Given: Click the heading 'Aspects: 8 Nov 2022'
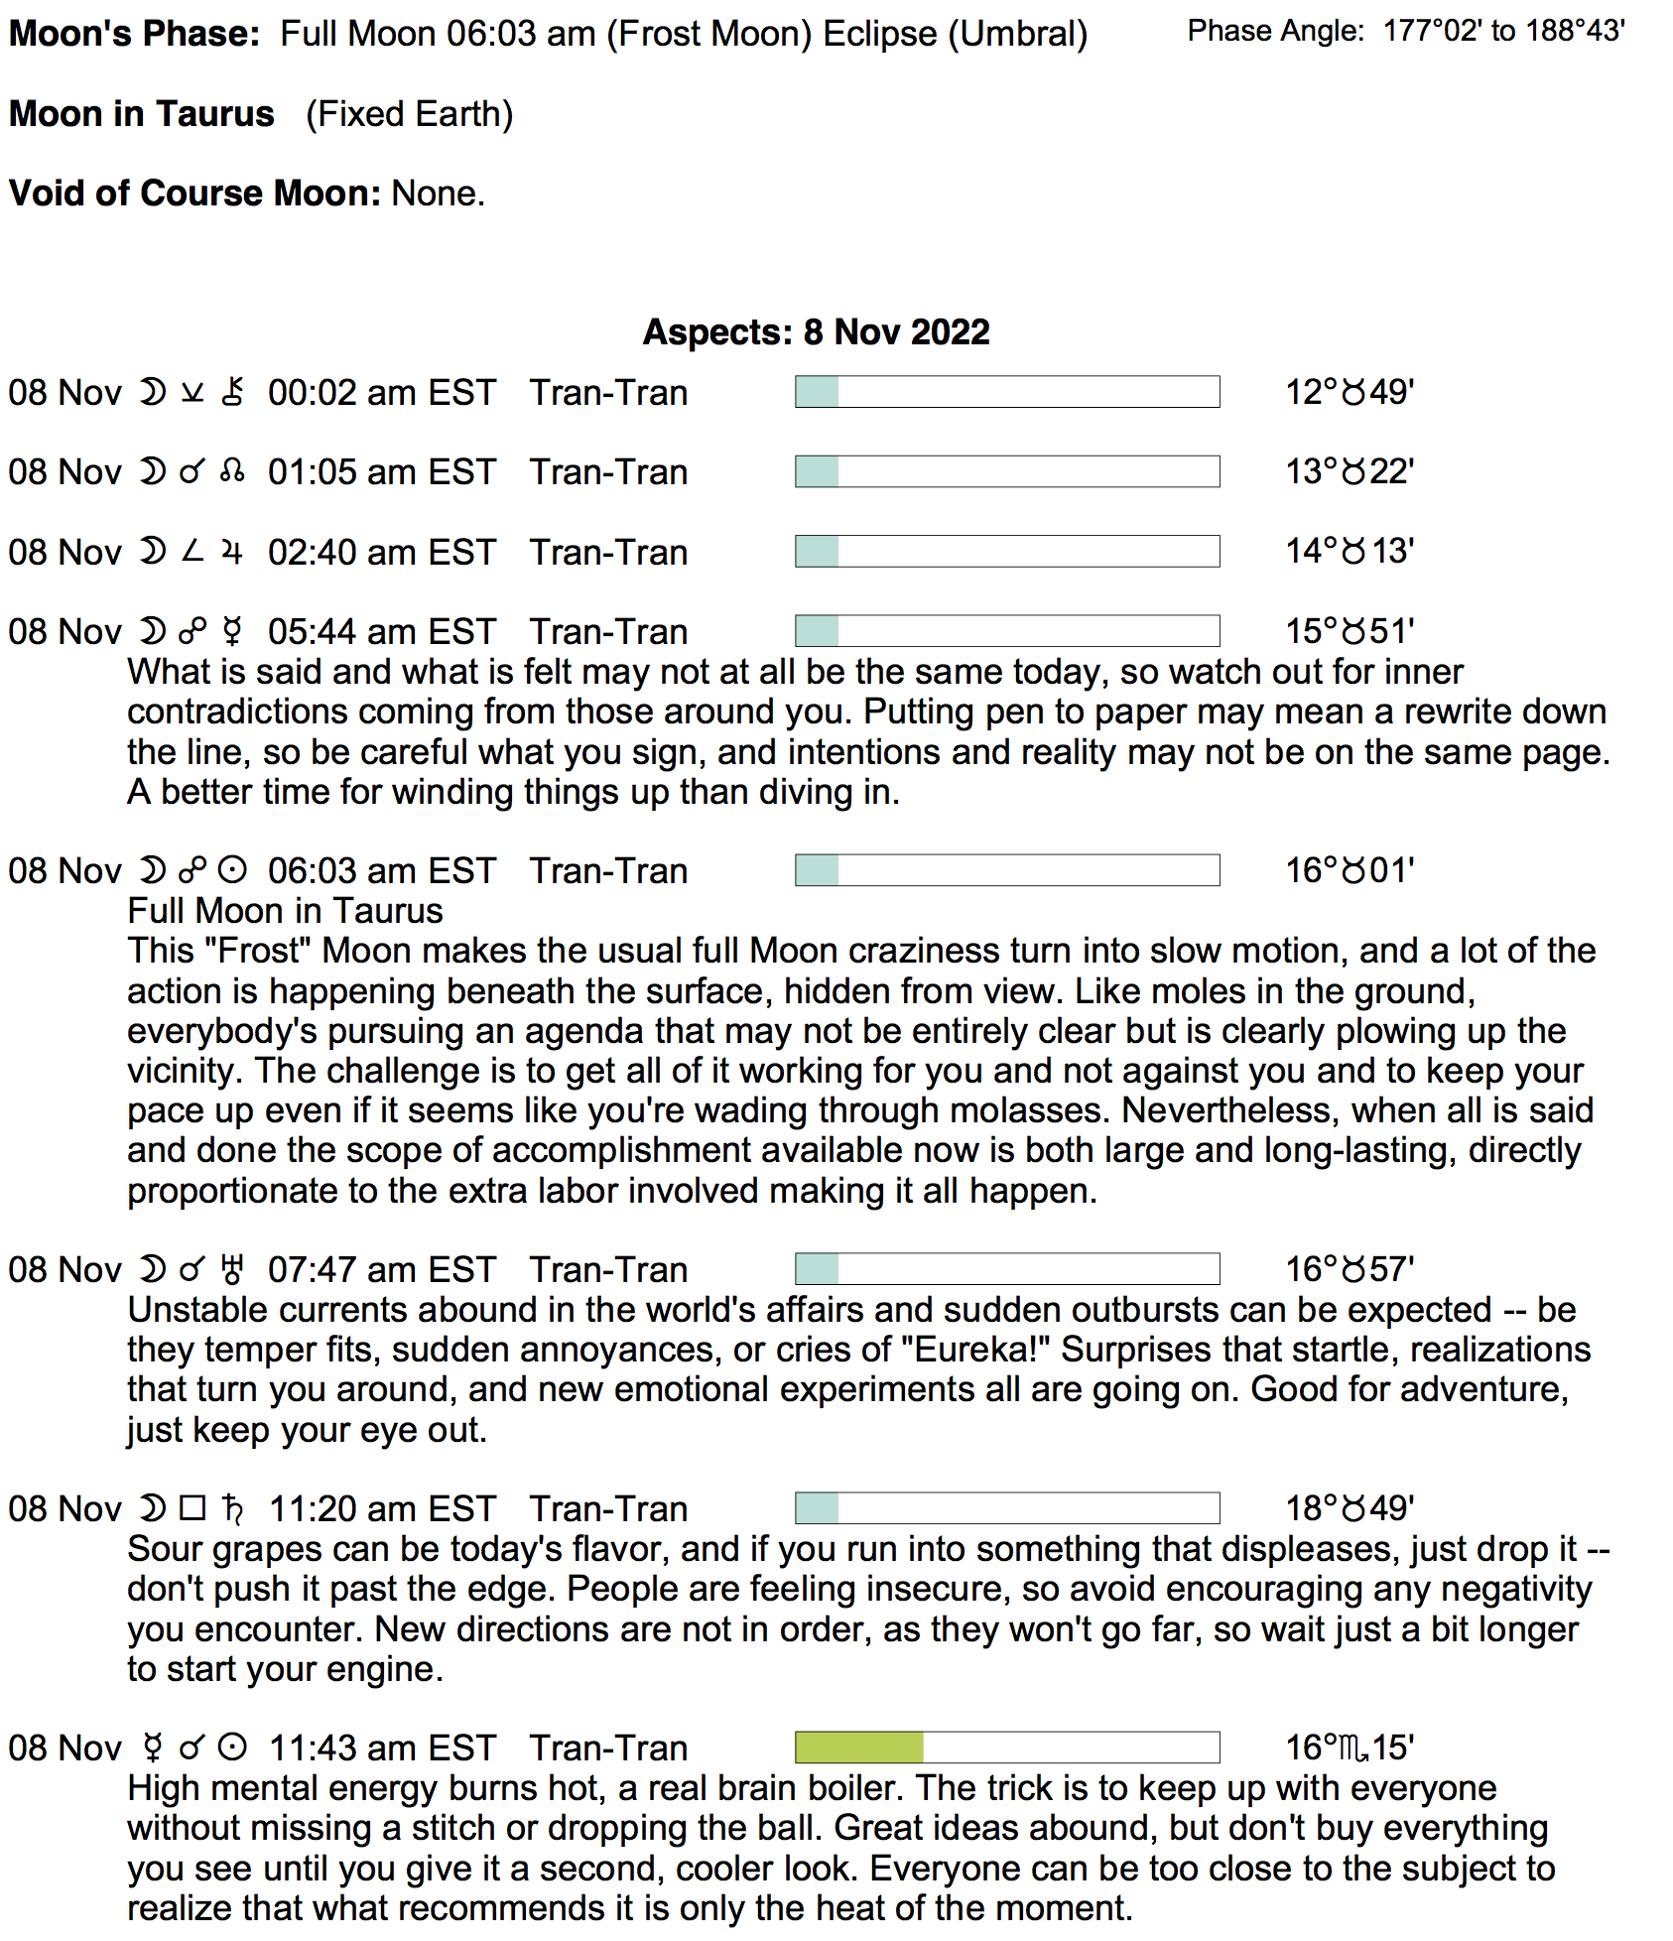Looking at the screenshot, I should click(816, 332).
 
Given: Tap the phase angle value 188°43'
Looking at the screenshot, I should click(1575, 32).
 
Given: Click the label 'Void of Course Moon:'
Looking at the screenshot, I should click(194, 194).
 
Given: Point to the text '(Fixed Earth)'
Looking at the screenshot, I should click(409, 115).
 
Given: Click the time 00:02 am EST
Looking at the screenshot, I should click(381, 393).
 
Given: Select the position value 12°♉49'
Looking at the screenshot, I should click(1349, 393).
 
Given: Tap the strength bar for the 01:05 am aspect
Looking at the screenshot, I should click(1006, 472).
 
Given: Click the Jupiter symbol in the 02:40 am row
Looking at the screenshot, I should click(232, 552).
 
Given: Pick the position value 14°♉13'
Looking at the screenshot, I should click(1349, 552).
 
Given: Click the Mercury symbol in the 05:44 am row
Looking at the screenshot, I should click(232, 632).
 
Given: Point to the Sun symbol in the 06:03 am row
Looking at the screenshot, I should click(232, 871).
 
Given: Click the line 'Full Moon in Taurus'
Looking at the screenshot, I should click(285, 911).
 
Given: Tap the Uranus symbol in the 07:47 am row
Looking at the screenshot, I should click(232, 1270).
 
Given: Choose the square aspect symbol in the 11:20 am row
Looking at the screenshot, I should click(193, 1509).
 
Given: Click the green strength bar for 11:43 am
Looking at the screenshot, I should click(859, 1747).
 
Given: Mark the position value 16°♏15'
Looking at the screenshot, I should click(1349, 1748).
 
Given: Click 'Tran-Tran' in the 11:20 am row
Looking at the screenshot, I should click(608, 1509).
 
